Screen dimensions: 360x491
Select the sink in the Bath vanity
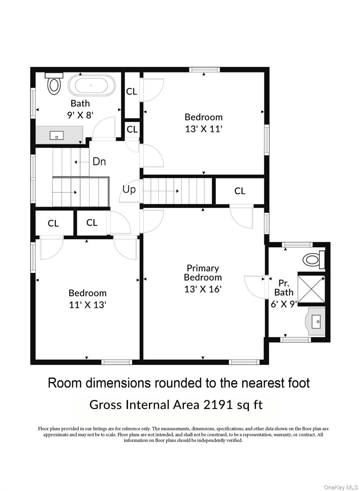pyautogui.click(x=57, y=135)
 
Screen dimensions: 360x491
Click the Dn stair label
pyautogui.click(x=99, y=162)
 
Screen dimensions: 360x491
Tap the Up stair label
pyautogui.click(x=129, y=189)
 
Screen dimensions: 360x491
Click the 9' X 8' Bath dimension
pyautogui.click(x=80, y=115)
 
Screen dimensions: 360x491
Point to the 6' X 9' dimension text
pyautogui.click(x=284, y=304)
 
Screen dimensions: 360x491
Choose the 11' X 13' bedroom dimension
pyautogui.click(x=88, y=305)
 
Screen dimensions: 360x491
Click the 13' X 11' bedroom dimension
pyautogui.click(x=204, y=129)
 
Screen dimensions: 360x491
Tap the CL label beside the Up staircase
pyautogui.click(x=240, y=191)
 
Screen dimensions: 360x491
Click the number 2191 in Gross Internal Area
pyautogui.click(x=218, y=405)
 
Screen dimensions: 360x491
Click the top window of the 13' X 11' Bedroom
pyautogui.click(x=204, y=70)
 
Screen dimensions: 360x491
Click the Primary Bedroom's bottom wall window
pyautogui.click(x=244, y=362)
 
